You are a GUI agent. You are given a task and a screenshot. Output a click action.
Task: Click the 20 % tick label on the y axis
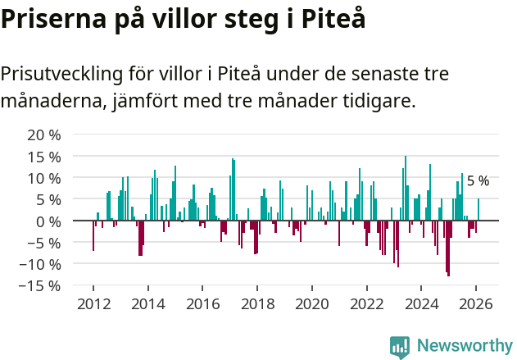43,134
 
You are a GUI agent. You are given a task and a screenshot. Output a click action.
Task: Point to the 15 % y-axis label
43,157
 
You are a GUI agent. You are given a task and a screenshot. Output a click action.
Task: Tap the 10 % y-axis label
43,178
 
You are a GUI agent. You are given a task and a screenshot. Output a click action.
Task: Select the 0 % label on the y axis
48,221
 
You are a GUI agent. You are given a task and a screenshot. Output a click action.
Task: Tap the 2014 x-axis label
148,303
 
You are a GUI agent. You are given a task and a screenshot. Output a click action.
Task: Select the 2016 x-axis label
202,303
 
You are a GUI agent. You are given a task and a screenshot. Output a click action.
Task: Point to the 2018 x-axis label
257,303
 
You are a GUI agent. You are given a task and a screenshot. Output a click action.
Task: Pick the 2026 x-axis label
476,303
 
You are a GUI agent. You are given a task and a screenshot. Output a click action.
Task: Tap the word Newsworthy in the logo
464,346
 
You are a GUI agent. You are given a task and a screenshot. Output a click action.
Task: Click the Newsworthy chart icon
400,347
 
